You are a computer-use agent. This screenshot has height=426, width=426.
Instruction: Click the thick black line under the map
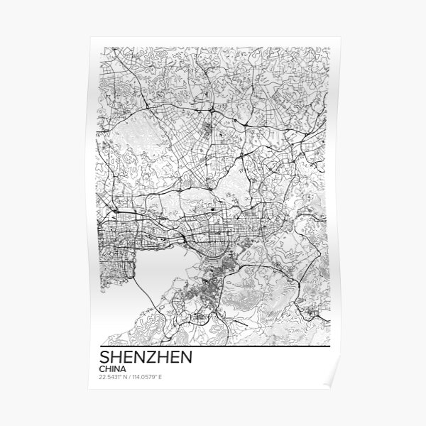coord(213,342)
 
